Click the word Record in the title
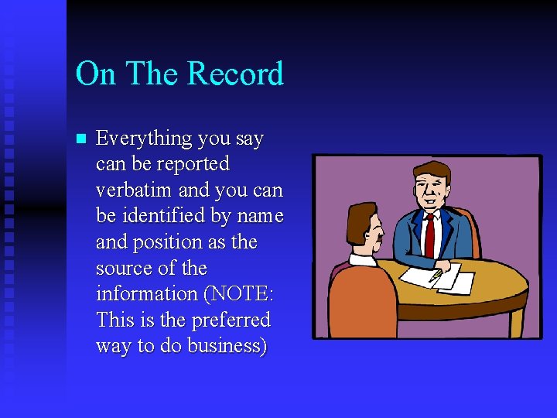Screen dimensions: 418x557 pyautogui.click(x=235, y=74)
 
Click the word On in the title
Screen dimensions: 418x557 pyautogui.click(x=97, y=74)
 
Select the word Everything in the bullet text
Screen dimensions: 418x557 pyautogui.click(x=143, y=139)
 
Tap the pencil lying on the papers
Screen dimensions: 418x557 pyautogui.click(x=436, y=275)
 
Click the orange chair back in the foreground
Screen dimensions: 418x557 pyautogui.click(x=363, y=302)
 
